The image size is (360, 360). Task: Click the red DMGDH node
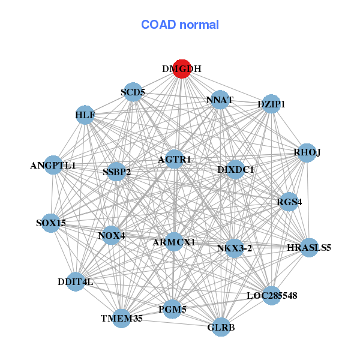pos(182,68)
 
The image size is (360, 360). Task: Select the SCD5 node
pos(133,92)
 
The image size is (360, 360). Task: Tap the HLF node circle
pos(85,115)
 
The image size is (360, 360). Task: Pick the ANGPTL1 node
pos(53,165)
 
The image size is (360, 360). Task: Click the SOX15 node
pos(51,223)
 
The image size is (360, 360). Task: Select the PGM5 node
pos(173,310)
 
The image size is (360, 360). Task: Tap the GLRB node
pos(221,327)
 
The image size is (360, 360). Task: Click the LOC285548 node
pos(272,295)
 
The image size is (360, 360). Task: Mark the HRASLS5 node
pos(308,247)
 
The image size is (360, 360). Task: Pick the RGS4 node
pos(289,202)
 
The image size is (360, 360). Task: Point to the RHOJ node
pos(307,152)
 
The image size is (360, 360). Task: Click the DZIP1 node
pos(271,104)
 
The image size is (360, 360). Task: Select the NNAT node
pos(220,100)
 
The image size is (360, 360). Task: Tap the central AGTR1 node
pos(175,159)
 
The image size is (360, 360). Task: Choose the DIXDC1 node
pos(236,170)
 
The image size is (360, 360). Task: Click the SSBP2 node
pos(116,172)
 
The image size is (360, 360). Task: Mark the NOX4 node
pos(112,235)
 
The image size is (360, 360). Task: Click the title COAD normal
pos(180,25)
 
